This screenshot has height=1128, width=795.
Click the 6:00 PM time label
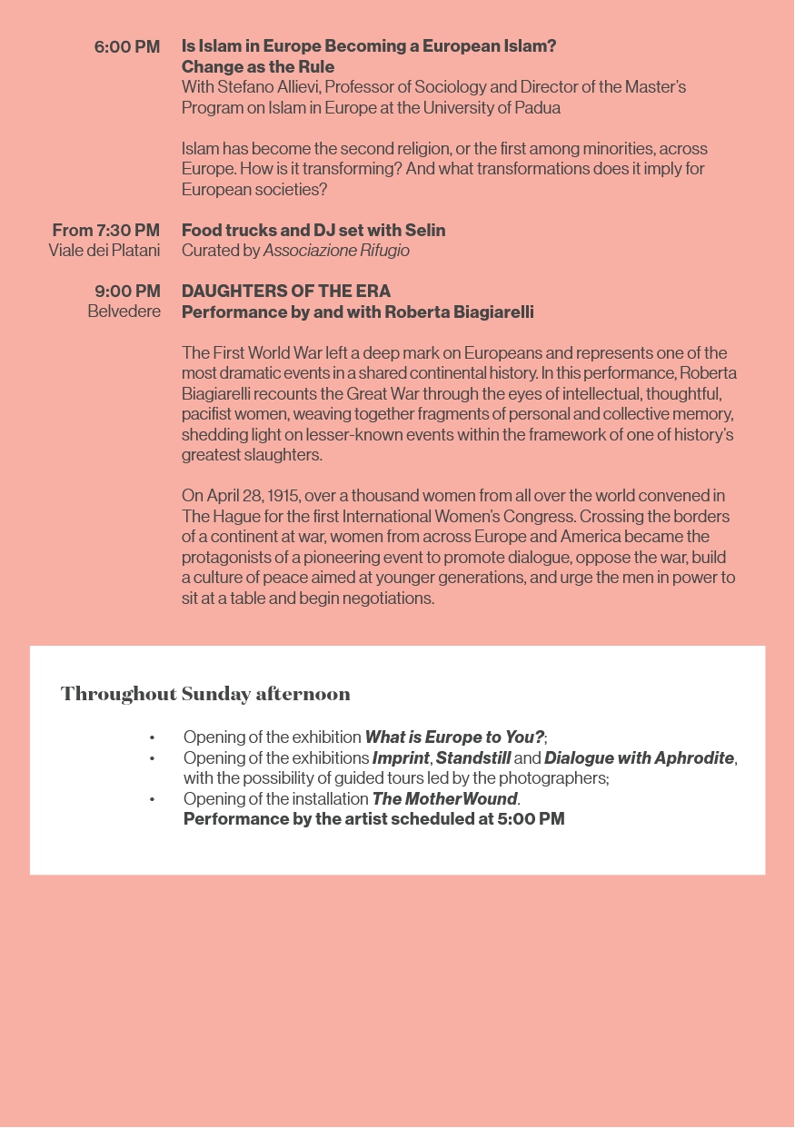click(x=127, y=47)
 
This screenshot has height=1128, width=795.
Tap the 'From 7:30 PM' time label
click(x=105, y=231)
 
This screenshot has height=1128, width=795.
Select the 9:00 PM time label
click(x=127, y=292)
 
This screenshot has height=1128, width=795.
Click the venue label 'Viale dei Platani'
click(x=104, y=251)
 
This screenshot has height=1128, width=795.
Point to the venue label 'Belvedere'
click(x=124, y=312)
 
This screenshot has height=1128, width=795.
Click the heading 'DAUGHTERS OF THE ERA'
click(x=286, y=292)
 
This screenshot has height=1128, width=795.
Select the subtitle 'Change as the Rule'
click(x=258, y=67)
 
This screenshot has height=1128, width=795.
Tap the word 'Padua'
click(x=539, y=108)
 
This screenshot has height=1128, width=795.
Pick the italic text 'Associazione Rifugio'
click(x=336, y=251)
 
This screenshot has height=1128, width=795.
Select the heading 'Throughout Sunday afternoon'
click(x=205, y=694)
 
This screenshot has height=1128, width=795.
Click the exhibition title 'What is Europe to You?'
click(x=454, y=737)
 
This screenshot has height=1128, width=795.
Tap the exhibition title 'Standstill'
click(x=473, y=757)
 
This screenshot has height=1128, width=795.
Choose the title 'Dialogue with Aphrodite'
click(x=639, y=757)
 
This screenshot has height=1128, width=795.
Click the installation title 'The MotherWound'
click(x=444, y=799)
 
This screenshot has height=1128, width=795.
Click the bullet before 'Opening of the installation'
click(x=153, y=799)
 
